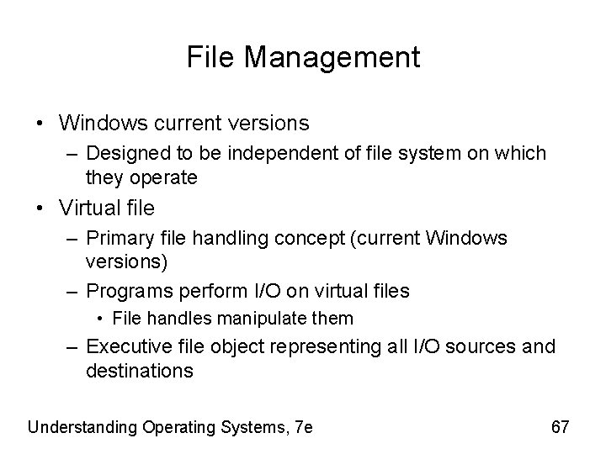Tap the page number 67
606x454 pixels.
click(x=560, y=427)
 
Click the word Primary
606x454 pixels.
click(x=121, y=238)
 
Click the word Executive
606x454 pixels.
click(x=127, y=346)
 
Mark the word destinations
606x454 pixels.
click(x=140, y=370)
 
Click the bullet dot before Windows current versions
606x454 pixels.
click(x=40, y=124)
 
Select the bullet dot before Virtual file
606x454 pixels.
click(x=40, y=208)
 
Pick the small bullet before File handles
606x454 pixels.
click(x=100, y=319)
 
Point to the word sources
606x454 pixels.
click(x=486, y=346)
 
